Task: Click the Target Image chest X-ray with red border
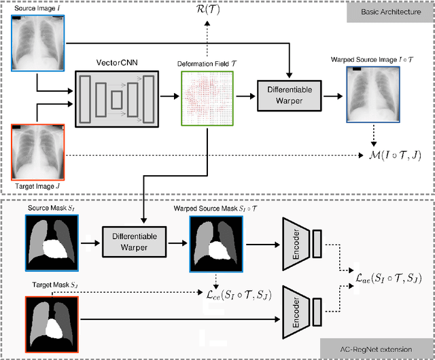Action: pos(38,151)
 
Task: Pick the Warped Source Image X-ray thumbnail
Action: pos(372,96)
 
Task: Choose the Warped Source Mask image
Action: pos(211,242)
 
